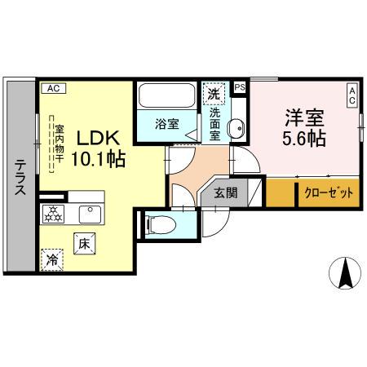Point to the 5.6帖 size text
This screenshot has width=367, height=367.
pos(303,137)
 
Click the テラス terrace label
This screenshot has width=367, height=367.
pos(20,178)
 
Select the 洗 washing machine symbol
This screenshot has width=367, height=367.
pos(213,94)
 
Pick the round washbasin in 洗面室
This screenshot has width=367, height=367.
pos(237,129)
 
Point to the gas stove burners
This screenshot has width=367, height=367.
pos(53,214)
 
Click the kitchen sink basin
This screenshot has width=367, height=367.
pos(88,213)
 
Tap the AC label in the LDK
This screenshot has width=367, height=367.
pos(53,86)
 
